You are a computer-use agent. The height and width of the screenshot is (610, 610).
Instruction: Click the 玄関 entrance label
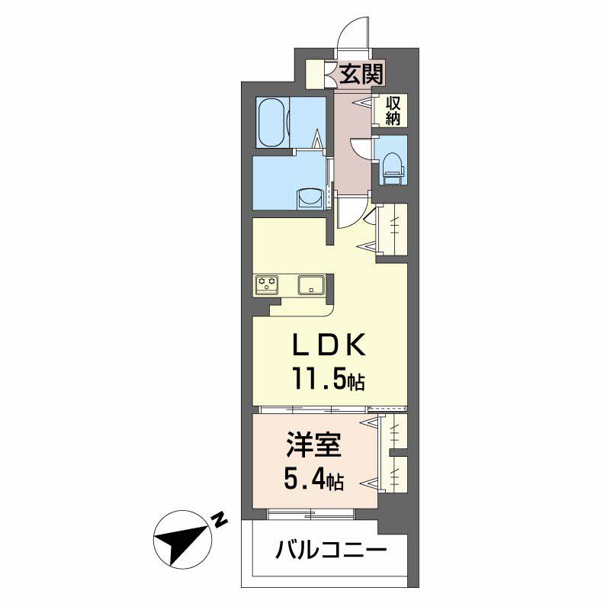[361, 74]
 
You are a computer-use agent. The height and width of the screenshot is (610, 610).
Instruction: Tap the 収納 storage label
[393, 111]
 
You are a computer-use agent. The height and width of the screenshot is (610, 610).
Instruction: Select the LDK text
[329, 345]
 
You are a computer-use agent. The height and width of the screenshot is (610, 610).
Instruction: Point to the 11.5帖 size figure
[329, 380]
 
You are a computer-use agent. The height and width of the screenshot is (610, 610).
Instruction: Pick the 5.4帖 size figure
[313, 480]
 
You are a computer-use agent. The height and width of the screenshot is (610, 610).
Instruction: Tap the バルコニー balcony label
[331, 551]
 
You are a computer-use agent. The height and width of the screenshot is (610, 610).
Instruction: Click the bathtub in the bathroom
[273, 122]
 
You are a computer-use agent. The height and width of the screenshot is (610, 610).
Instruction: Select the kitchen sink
[311, 284]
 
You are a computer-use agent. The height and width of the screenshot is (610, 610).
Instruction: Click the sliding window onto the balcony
[311, 513]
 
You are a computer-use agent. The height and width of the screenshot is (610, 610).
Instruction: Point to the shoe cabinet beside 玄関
[315, 74]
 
